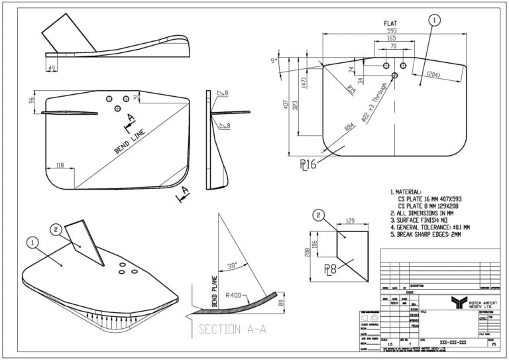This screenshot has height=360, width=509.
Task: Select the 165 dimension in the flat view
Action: [392, 38]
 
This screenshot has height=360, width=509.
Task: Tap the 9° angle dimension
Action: [274, 60]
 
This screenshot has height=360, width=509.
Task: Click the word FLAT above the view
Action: [390, 23]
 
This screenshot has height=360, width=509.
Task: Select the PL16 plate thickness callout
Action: [309, 164]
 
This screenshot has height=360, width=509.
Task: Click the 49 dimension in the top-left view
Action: [52, 67]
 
